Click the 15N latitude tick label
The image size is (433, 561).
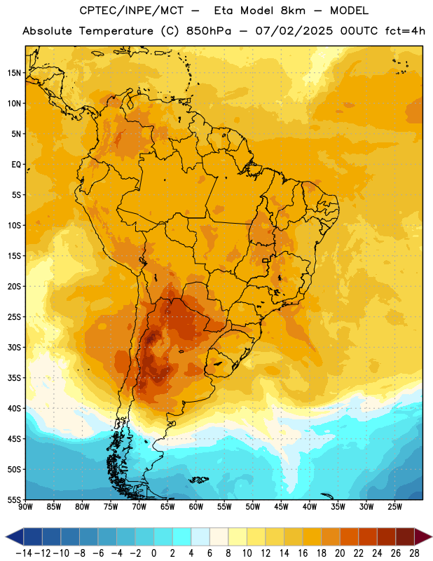[x=14, y=73]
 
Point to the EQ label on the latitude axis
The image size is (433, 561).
[x=16, y=165]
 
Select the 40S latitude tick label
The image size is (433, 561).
[x=14, y=408]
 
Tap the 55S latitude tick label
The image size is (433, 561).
[x=14, y=499]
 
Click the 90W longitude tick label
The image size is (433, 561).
[x=25, y=506]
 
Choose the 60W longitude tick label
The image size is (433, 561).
[x=196, y=506]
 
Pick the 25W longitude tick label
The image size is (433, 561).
[x=395, y=506]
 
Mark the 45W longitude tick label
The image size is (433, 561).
[x=282, y=506]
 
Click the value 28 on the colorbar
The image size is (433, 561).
[x=414, y=553]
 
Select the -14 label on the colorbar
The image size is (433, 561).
[x=24, y=553]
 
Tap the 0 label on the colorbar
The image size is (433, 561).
[x=153, y=553]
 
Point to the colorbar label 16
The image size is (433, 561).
[x=303, y=553]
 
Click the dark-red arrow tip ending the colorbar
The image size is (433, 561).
[x=431, y=537]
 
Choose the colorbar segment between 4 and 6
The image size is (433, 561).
[x=200, y=537]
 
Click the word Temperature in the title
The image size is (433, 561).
[x=116, y=31]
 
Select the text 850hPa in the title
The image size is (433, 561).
[x=209, y=31]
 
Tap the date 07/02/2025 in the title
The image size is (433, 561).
[x=294, y=31]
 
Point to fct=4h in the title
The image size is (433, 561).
[x=405, y=31]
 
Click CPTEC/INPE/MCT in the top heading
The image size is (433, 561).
[x=132, y=11]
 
